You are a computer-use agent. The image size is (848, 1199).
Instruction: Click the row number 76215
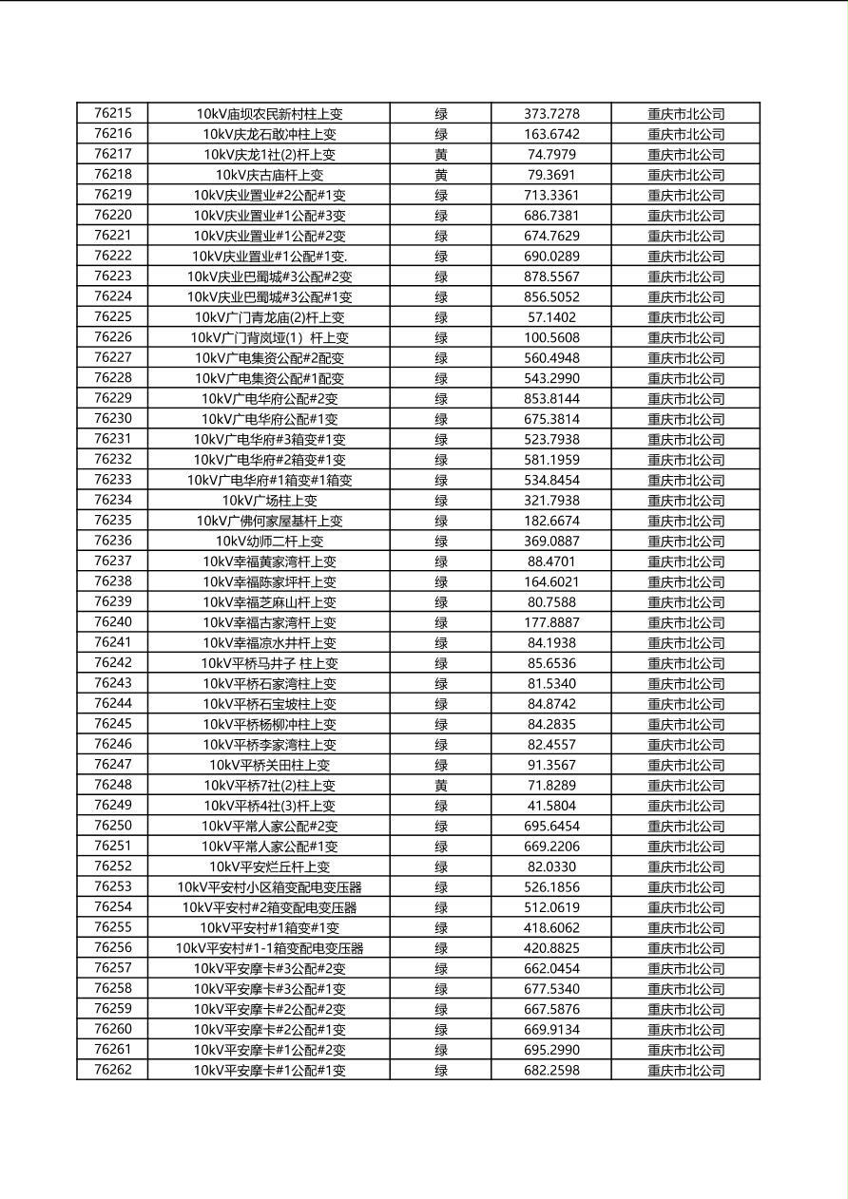[113, 113]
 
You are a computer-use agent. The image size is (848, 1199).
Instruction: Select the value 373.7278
[551, 113]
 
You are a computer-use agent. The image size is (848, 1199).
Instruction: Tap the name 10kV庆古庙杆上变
[269, 175]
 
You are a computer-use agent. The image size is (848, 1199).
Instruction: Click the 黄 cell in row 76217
[441, 154]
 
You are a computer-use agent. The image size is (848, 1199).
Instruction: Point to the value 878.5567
[551, 276]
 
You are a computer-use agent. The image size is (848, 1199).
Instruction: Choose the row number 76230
[113, 419]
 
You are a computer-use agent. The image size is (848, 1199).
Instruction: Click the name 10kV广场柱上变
[269, 501]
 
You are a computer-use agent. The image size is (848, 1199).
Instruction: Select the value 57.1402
[551, 317]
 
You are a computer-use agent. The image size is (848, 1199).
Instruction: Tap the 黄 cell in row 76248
[441, 786]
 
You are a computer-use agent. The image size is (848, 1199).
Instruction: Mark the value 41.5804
[551, 806]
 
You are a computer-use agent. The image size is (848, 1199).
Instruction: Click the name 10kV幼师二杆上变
[269, 542]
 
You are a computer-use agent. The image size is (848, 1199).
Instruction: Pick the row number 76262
[113, 1071]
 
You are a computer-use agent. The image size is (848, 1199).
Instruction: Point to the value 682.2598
[551, 1071]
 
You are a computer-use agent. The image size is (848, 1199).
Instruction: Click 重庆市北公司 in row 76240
[686, 623]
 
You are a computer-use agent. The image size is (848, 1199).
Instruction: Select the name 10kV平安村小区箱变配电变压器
[269, 887]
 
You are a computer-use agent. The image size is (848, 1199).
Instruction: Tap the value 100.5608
[551, 337]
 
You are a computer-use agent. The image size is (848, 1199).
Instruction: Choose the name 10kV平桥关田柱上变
[269, 765]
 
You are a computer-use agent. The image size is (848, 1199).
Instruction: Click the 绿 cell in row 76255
[441, 928]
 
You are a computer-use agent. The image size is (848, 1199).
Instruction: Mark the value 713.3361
[551, 195]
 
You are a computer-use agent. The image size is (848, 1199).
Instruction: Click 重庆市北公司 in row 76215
[686, 113]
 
